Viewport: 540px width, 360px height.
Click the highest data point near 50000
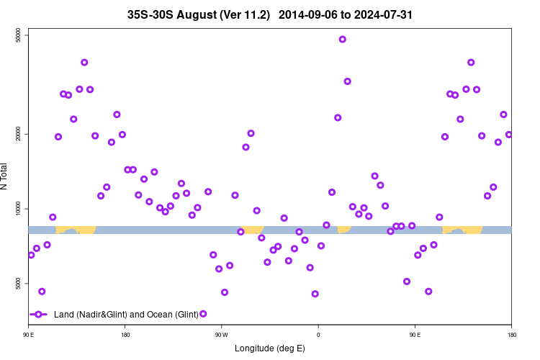pos(343,40)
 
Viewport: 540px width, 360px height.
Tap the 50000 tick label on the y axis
pos(19,36)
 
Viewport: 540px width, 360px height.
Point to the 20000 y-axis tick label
pos(19,134)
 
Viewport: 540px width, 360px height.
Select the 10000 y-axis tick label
pos(19,209)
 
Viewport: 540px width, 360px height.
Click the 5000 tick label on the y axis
pos(19,284)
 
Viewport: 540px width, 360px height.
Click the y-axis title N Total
pos(6,176)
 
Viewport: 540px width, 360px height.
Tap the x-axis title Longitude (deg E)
pos(270,348)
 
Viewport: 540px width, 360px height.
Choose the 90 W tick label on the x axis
pos(221,335)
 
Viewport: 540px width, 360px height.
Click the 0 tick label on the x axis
pos(318,335)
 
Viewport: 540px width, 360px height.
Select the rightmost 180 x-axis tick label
pos(511,335)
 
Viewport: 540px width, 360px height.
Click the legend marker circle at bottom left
pos(39,315)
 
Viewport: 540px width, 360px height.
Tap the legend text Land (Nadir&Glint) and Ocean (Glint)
pos(126,315)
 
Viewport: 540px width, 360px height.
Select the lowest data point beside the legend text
pos(203,314)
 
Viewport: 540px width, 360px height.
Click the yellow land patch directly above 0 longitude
pos(343,229)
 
